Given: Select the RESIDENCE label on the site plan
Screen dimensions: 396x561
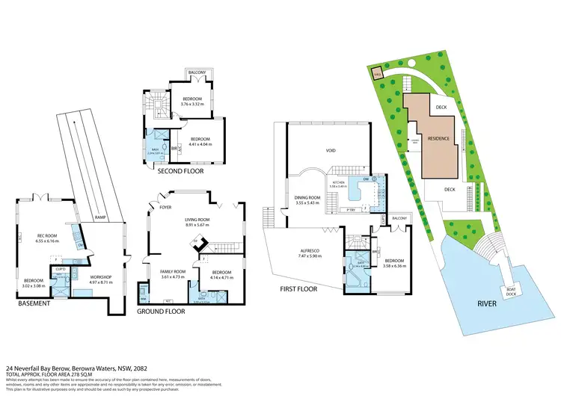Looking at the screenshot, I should pyautogui.click(x=439, y=138).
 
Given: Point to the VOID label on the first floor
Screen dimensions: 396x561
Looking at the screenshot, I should pyautogui.click(x=330, y=150).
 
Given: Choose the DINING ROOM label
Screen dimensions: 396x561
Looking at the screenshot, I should pyautogui.click(x=307, y=199).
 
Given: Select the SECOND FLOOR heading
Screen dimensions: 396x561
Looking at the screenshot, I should pyautogui.click(x=180, y=171).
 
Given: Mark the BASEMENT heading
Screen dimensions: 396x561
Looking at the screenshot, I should pyautogui.click(x=34, y=303).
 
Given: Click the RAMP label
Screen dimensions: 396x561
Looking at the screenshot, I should pyautogui.click(x=99, y=218).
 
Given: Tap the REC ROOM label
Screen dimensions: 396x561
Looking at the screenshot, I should pyautogui.click(x=48, y=237).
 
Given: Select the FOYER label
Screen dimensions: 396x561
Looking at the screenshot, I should pyautogui.click(x=166, y=208).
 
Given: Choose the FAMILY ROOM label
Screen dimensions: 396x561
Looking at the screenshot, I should pyautogui.click(x=173, y=271).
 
